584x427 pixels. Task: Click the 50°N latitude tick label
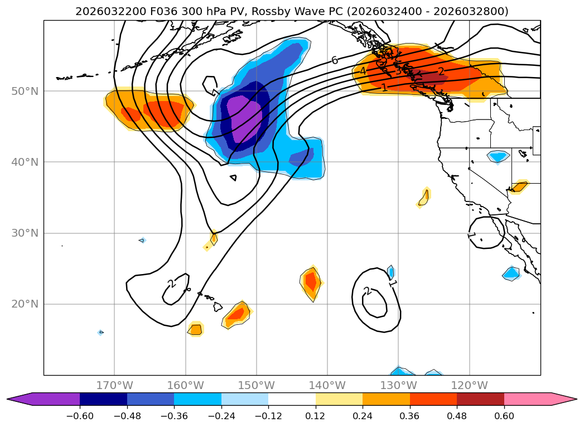click(x=25, y=92)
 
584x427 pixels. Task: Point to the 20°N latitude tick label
click(x=25, y=304)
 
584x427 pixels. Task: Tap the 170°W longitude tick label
click(x=114, y=385)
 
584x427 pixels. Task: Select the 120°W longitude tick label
click(x=469, y=385)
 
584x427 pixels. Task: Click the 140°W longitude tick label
click(x=327, y=385)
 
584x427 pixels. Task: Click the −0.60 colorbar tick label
click(x=80, y=416)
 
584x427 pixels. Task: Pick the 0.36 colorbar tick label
click(x=410, y=416)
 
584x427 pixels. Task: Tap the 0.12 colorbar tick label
click(x=316, y=416)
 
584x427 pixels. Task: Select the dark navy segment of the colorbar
click(x=103, y=399)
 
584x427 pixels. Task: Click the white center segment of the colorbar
click(x=292, y=399)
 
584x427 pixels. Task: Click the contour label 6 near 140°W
click(x=335, y=60)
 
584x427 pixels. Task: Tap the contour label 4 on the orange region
click(x=363, y=71)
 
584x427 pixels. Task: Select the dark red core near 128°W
click(x=428, y=78)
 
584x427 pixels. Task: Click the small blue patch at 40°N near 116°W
click(x=498, y=156)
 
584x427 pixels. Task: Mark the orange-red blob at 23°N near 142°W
click(x=311, y=282)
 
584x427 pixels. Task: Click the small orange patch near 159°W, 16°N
click(x=196, y=329)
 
